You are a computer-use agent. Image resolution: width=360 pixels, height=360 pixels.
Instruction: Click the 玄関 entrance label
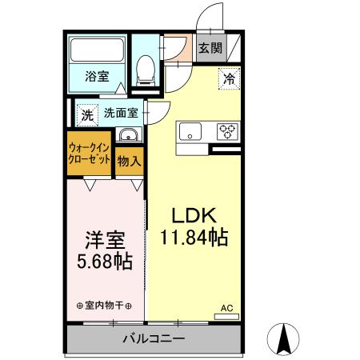click(210, 48)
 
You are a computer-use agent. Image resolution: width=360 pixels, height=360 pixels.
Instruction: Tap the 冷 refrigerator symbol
click(228, 79)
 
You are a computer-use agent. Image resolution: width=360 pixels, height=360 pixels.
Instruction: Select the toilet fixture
click(146, 70)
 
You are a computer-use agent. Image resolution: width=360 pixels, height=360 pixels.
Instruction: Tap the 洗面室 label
click(120, 113)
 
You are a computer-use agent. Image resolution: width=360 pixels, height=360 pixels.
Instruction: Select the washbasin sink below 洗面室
click(127, 135)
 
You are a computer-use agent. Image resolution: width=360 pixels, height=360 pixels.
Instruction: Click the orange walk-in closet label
click(89, 153)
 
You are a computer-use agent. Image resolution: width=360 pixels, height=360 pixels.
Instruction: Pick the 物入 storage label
click(129, 162)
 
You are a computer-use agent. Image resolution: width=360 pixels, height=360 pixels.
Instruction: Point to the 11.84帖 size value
click(193, 238)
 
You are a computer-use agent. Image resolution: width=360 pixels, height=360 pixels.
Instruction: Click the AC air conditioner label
click(226, 306)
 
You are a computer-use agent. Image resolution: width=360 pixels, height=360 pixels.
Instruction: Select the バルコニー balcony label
click(152, 339)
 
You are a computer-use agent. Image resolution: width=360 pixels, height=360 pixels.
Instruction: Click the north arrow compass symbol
click(282, 340)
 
